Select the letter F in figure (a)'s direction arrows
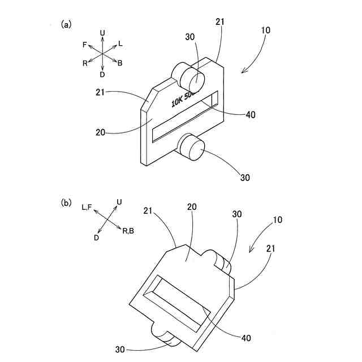click(84, 44)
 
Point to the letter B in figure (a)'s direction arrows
click(120, 63)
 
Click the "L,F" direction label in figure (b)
click(88, 208)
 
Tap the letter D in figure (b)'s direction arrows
click(97, 238)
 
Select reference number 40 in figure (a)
click(251, 114)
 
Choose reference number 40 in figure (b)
click(245, 338)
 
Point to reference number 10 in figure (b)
click(278, 218)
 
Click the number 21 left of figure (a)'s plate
click(101, 92)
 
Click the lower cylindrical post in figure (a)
click(191, 146)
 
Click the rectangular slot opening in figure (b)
click(179, 303)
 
